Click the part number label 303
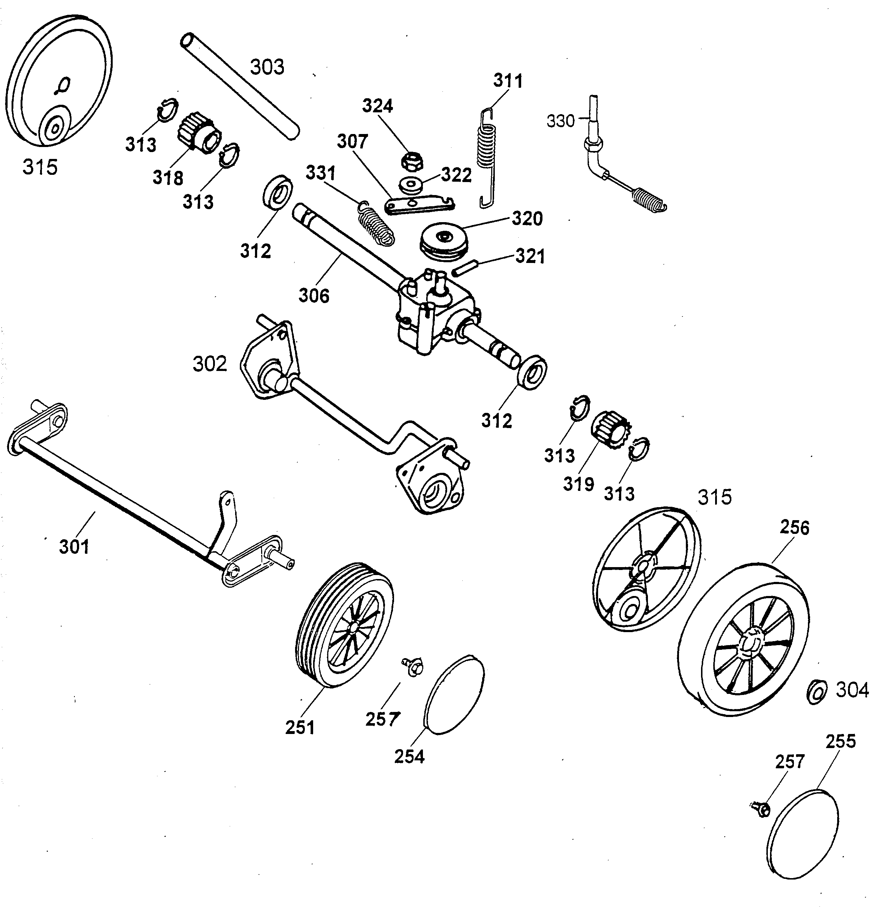click(267, 67)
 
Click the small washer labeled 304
click(816, 692)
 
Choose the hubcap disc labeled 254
click(455, 695)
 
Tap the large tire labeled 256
click(744, 640)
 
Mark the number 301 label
click(74, 547)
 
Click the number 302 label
click(209, 364)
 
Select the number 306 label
click(314, 296)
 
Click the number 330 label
click(560, 121)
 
